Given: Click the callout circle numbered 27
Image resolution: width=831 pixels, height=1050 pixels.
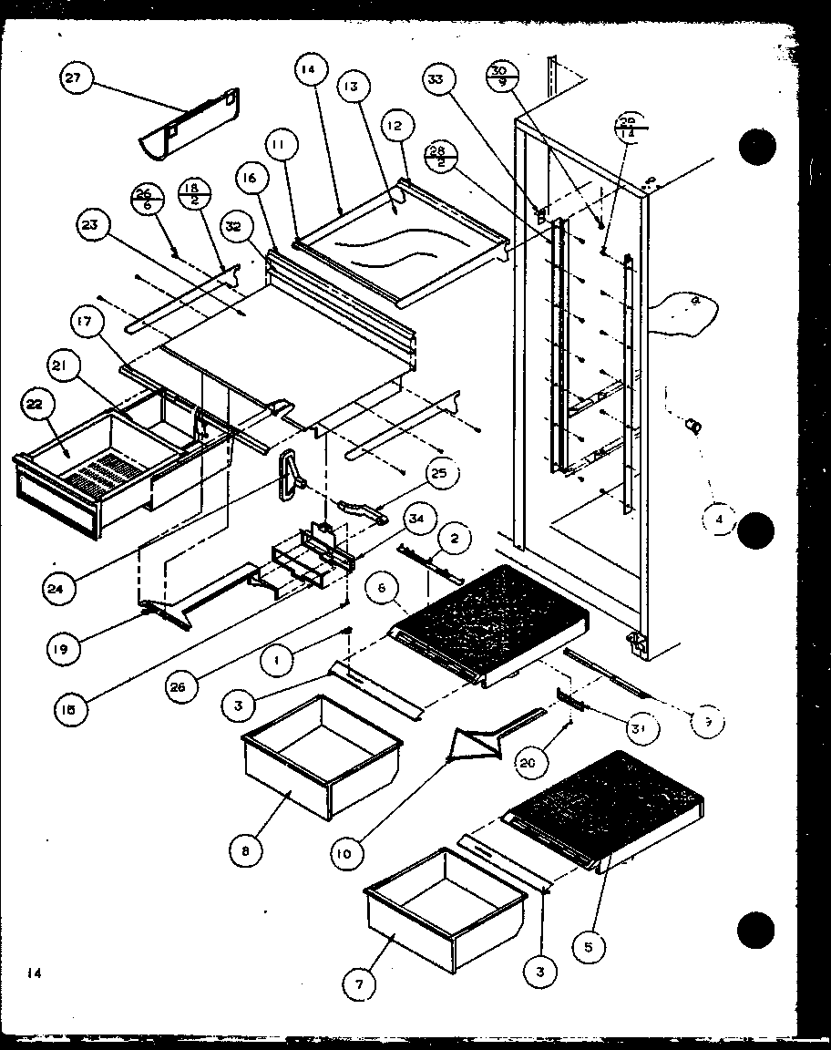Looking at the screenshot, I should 72,79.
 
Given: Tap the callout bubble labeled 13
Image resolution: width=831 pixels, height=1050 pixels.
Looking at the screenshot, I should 350,87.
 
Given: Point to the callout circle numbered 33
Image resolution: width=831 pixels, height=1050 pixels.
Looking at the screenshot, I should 439,79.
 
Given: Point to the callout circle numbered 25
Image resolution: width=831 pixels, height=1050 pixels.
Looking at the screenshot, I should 441,474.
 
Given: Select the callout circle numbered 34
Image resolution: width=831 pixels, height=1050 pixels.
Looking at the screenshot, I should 415,520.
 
